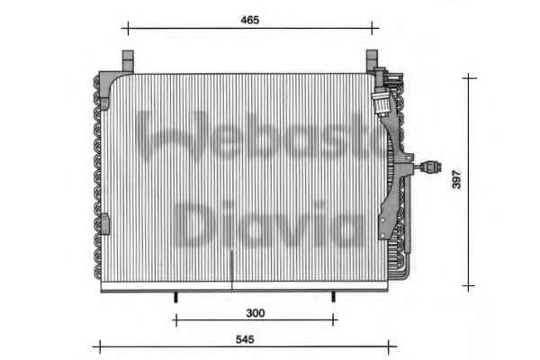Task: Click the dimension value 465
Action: click(249, 20)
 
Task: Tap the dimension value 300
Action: click(256, 313)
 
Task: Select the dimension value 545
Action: click(245, 339)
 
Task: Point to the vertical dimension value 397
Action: click(456, 179)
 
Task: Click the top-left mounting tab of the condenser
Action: click(128, 61)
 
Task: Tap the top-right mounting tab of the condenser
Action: click(372, 60)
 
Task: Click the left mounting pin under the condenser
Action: click(175, 297)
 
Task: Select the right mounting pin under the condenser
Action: click(333, 297)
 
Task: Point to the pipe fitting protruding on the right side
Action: click(428, 167)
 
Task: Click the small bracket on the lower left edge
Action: click(105, 224)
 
